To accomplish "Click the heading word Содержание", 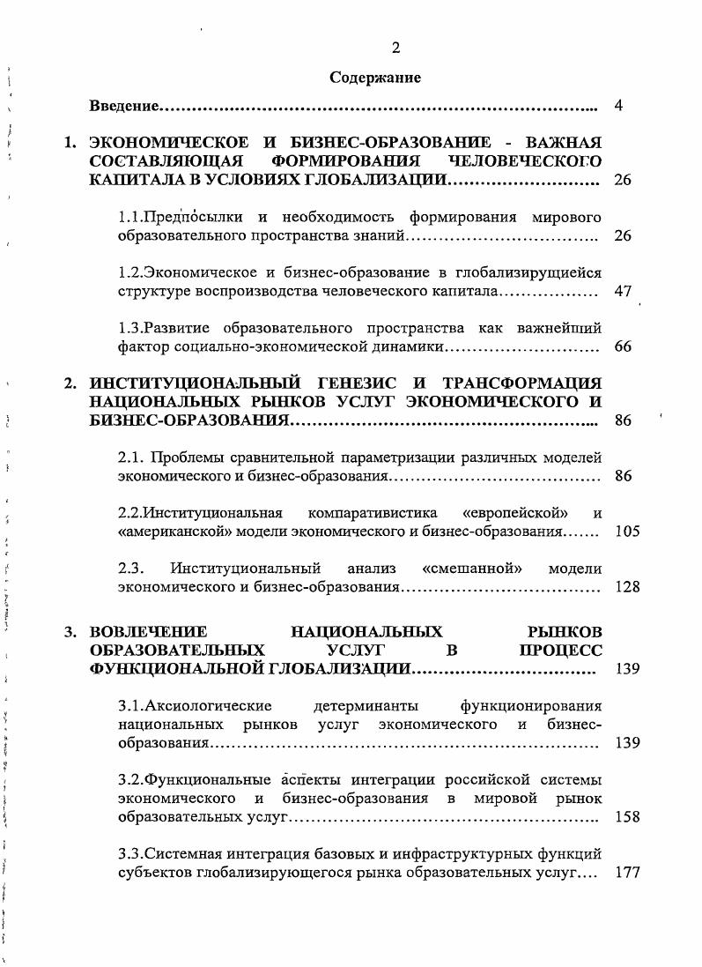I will pyautogui.click(x=375, y=78).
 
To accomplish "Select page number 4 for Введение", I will pyautogui.click(x=619, y=107).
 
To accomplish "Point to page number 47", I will pyautogui.click(x=623, y=291).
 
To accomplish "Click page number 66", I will pyautogui.click(x=623, y=346).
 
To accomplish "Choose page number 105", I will pyautogui.click(x=627, y=532).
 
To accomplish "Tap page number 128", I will pyautogui.click(x=627, y=587).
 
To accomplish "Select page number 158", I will pyautogui.click(x=627, y=817).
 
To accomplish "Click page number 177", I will pyautogui.click(x=627, y=873).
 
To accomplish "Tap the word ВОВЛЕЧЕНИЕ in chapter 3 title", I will pyautogui.click(x=148, y=632).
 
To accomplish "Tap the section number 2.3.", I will pyautogui.click(x=131, y=569).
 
